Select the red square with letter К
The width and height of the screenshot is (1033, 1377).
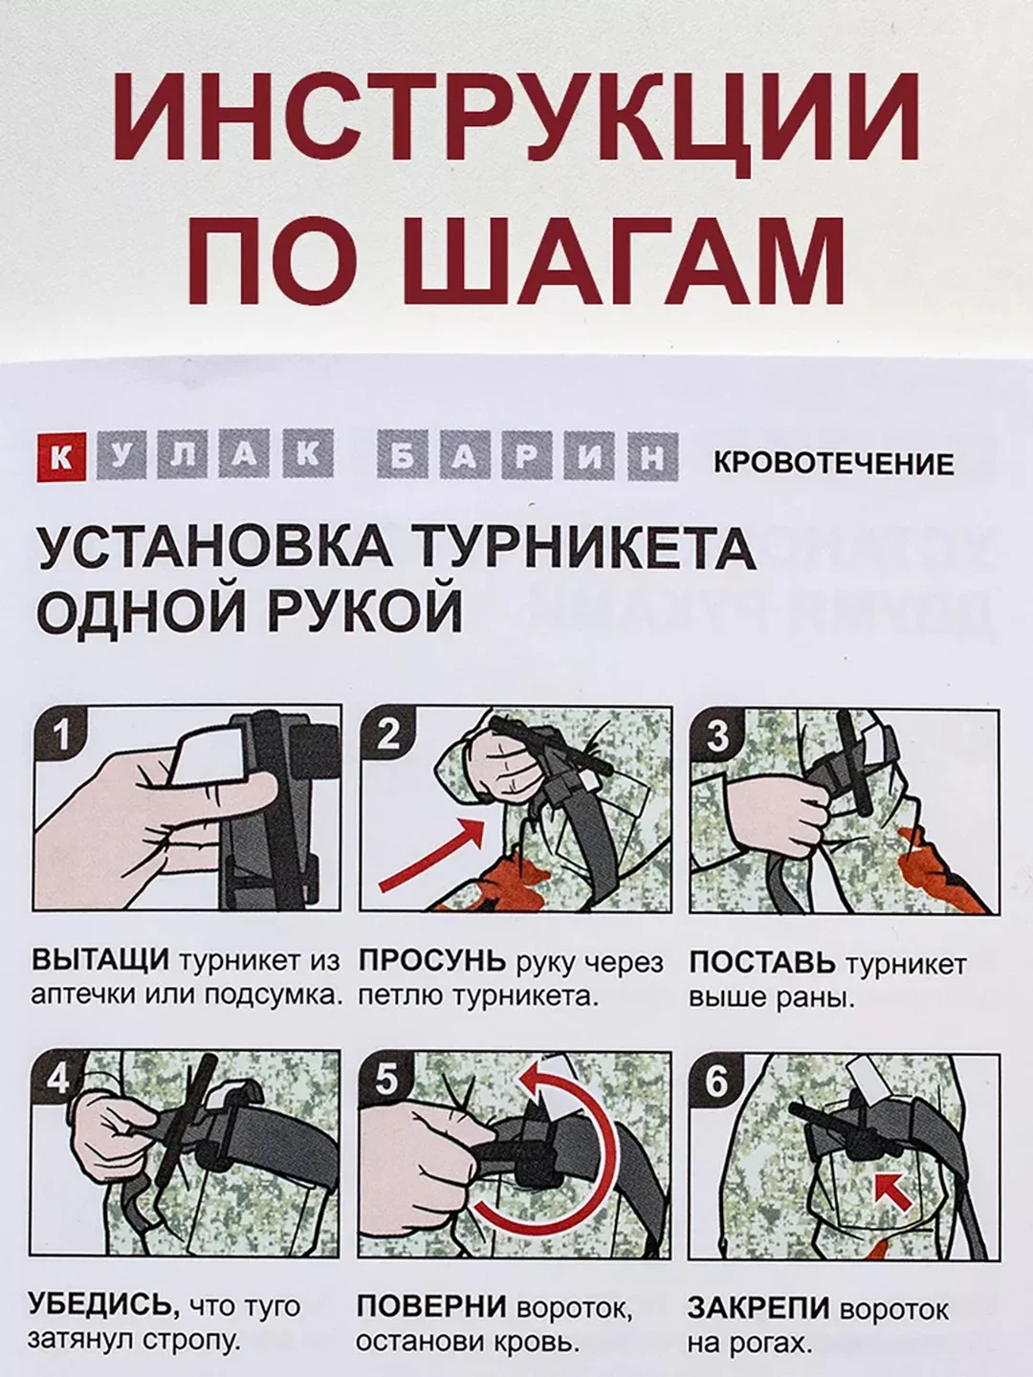coord(61,458)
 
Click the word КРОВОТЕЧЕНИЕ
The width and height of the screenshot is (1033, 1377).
coord(834,464)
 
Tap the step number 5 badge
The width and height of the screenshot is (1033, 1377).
coord(385,1080)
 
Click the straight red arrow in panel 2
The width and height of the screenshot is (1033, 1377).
coord(431,855)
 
